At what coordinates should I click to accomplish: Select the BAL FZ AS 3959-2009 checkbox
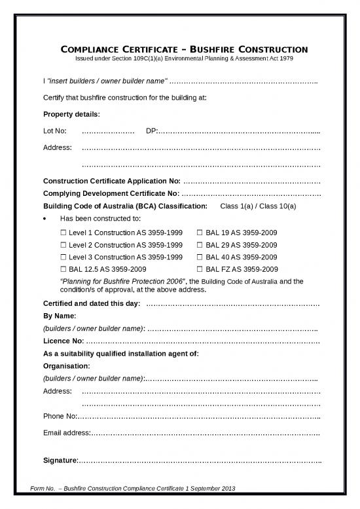(x=200, y=269)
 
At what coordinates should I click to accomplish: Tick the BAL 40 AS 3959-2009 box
(x=200, y=256)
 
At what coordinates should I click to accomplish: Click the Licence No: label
(x=63, y=341)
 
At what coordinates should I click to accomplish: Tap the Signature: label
(x=61, y=460)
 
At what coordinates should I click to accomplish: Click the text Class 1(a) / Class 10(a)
(x=259, y=206)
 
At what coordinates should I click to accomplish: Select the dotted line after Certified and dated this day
(x=232, y=304)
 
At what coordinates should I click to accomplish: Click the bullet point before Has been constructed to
(x=45, y=219)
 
